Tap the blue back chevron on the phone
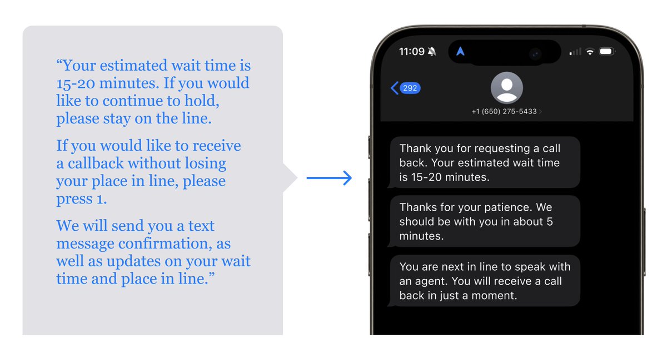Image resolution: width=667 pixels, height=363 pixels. coord(395,88)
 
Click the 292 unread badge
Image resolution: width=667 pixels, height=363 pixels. coord(410,88)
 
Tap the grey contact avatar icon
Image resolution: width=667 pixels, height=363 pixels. coord(506,88)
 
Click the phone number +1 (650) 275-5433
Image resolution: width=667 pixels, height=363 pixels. coord(504,112)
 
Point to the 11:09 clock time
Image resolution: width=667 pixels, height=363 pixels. coord(411,52)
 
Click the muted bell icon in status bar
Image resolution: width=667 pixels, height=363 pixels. coord(432,52)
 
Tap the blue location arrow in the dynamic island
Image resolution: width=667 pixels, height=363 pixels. coord(460,52)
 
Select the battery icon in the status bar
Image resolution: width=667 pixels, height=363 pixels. coord(606,52)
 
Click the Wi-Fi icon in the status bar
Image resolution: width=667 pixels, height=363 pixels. coord(590,52)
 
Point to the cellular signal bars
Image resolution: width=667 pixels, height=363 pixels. coord(575,52)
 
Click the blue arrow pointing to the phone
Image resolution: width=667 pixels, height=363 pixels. coord(329,178)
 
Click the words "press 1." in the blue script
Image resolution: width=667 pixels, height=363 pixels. coord(81,198)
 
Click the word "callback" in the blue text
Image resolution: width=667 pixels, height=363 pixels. coord(97,163)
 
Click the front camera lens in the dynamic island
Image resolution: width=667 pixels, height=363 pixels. coord(535,53)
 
